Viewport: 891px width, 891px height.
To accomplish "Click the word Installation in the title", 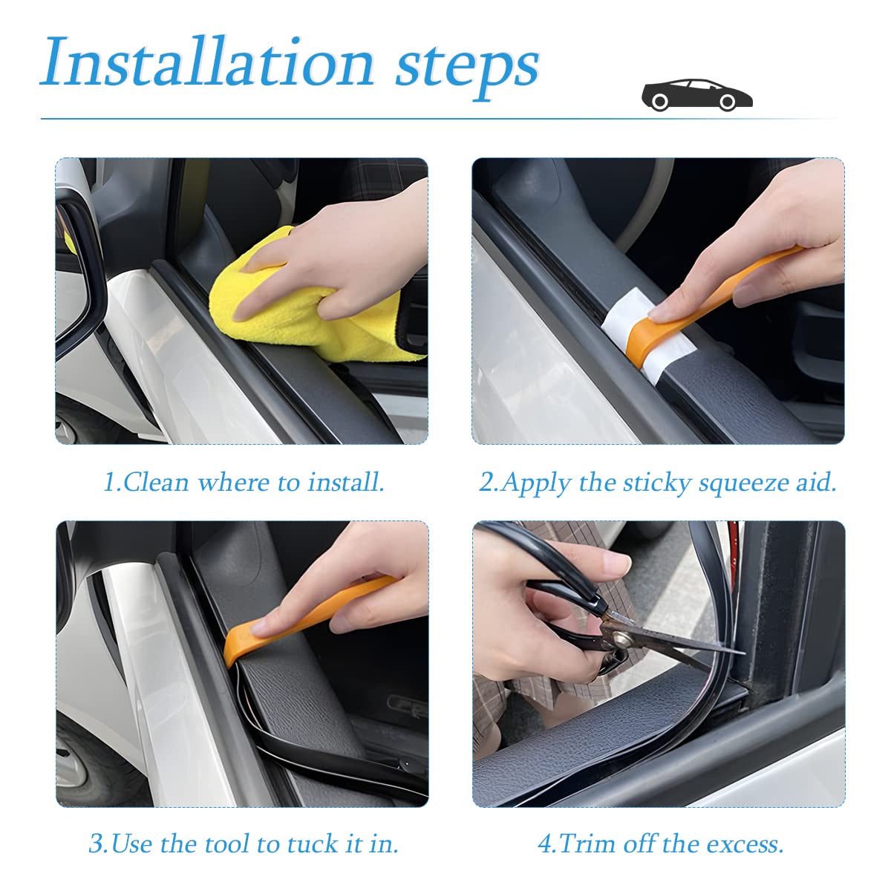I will (x=208, y=63).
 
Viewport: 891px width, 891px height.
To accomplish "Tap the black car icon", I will (x=696, y=94).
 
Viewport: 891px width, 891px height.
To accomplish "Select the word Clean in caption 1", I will (x=157, y=483).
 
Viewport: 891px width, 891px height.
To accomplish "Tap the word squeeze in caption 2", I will (x=745, y=484).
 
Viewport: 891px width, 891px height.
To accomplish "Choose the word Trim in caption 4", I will (x=587, y=843).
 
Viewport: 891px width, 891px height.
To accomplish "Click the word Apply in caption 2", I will (x=536, y=483).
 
